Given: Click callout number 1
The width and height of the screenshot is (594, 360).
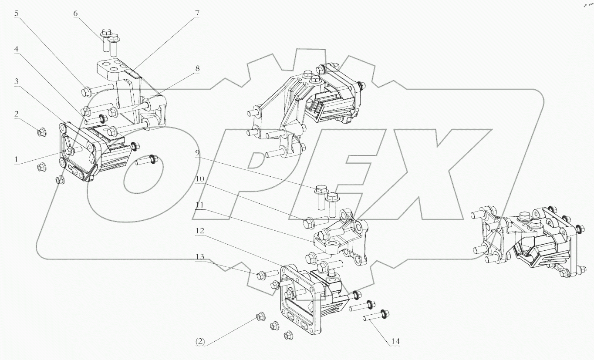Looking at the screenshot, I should (16, 160).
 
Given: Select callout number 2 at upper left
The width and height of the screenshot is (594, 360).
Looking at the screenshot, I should (16, 114).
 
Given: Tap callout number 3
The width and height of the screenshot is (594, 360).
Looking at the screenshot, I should (16, 81).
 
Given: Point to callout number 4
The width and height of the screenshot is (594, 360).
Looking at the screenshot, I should (16, 49).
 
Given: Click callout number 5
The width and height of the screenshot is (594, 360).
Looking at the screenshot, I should (16, 13).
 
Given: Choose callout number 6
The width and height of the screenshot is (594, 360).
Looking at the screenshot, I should (75, 13).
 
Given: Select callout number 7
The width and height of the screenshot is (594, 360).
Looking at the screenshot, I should (197, 13).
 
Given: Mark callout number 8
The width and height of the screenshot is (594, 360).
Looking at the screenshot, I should (197, 68).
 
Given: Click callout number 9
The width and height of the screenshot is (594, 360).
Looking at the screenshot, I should (197, 153).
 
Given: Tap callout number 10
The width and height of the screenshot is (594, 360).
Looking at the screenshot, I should (199, 179).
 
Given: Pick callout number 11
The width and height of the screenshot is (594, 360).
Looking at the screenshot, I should (199, 205).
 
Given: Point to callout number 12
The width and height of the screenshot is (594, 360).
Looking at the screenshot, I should (199, 230).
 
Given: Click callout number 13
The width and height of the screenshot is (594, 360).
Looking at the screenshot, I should (199, 256).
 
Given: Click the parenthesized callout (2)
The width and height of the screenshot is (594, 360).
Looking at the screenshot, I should (199, 342).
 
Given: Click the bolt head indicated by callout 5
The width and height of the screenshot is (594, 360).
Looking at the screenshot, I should (85, 91).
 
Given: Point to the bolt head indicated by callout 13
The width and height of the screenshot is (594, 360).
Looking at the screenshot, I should (262, 275).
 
